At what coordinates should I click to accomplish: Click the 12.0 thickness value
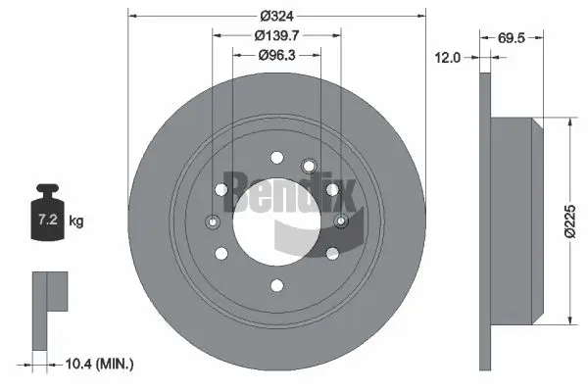click(x=447, y=58)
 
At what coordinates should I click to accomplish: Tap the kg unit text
click(x=75, y=221)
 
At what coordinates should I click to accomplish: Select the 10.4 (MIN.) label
click(x=98, y=364)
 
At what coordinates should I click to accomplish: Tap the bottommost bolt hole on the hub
click(x=277, y=285)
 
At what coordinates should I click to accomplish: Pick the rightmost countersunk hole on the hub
click(x=342, y=220)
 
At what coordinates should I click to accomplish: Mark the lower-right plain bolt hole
click(x=333, y=253)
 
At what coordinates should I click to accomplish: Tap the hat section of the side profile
click(x=514, y=220)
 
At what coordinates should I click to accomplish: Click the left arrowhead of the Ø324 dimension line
click(x=131, y=16)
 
